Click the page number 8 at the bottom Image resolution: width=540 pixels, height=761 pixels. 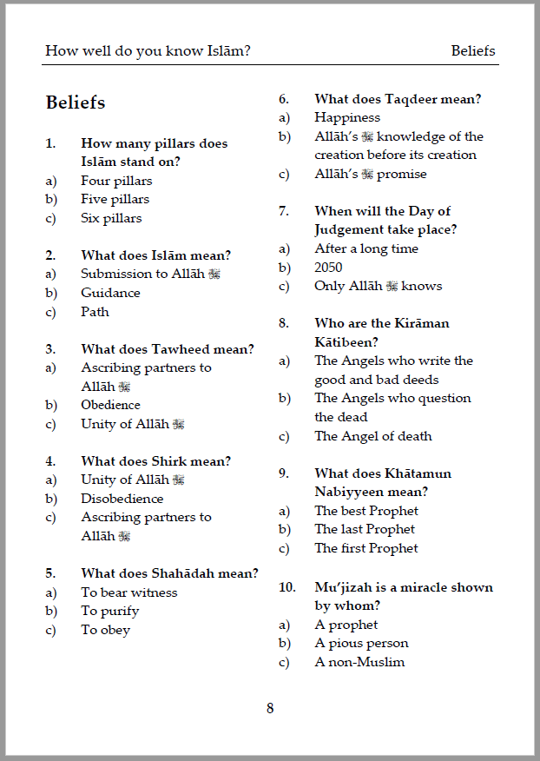point(270,708)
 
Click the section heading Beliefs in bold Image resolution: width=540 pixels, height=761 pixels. point(76,103)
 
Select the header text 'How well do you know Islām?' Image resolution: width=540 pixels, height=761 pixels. point(148,50)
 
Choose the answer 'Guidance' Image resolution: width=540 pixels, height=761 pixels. point(110,293)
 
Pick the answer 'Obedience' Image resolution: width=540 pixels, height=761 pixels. point(110,405)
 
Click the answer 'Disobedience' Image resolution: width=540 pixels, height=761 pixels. point(122,499)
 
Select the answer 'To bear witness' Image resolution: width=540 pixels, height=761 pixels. point(128,592)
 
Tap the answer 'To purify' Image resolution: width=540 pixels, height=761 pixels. point(110,611)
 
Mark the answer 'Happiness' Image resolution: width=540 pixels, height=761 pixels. point(347,117)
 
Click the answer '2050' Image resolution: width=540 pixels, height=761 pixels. point(328,268)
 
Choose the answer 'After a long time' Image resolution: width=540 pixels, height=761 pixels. point(366,248)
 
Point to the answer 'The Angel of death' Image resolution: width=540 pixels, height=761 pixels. point(372,436)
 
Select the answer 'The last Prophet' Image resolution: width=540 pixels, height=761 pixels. point(365,529)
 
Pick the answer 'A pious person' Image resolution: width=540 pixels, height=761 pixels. point(361,643)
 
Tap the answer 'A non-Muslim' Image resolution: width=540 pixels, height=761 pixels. point(359,662)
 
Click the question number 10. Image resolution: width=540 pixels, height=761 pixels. point(286,587)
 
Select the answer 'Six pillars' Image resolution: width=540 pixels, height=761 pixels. point(111,218)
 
